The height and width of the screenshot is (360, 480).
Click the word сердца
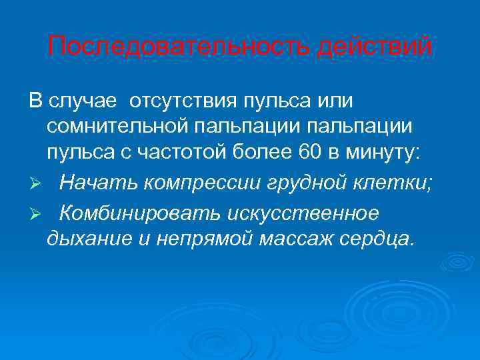(x=377, y=239)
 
